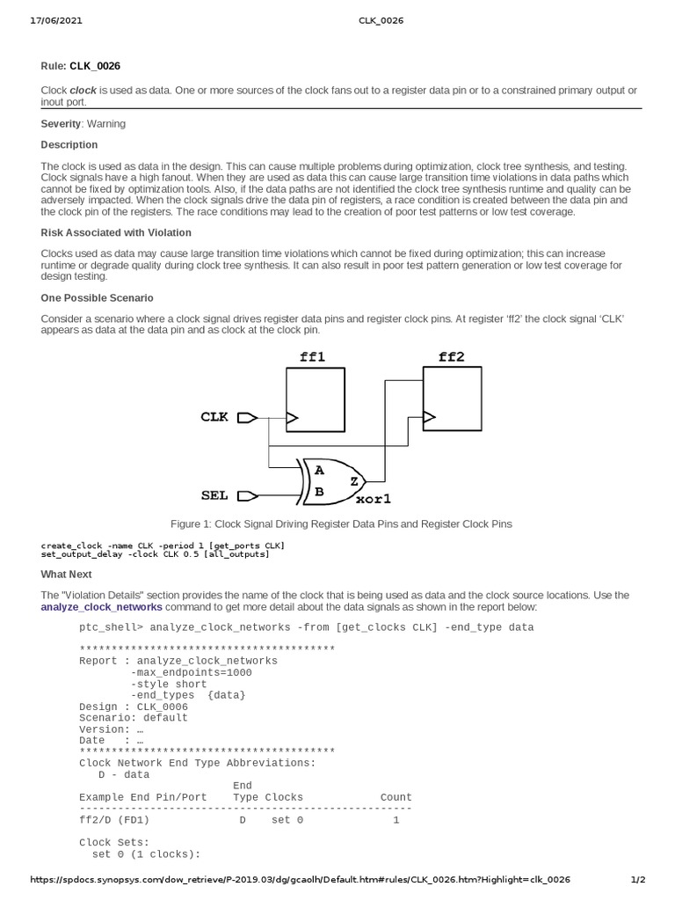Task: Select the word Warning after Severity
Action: pos(106,124)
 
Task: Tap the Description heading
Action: pos(69,144)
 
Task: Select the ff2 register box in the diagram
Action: pos(452,398)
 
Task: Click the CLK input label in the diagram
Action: pos(215,417)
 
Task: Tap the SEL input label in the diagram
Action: pos(215,495)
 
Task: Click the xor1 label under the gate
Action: pos(372,499)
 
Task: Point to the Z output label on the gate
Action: pos(353,481)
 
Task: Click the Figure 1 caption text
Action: pos(341,524)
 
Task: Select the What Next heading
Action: pos(66,574)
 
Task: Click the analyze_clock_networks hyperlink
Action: pos(101,607)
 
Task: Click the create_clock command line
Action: pos(163,546)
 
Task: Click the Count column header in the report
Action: pos(396,797)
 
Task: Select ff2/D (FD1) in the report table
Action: pos(114,820)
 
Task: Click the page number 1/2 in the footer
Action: pos(639,880)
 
